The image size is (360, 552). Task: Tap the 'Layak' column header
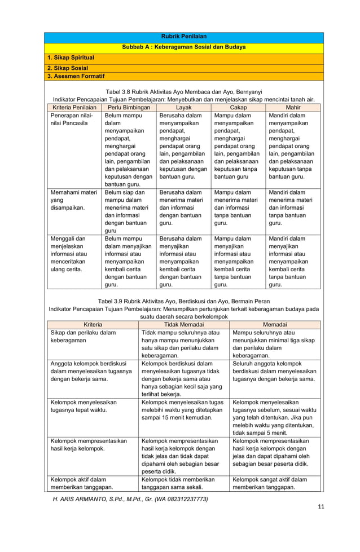183,107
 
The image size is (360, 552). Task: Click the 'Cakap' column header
238,107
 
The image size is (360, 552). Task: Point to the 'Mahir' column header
293,107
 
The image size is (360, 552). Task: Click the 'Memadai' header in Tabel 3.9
275,325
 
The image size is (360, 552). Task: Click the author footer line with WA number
130,499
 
